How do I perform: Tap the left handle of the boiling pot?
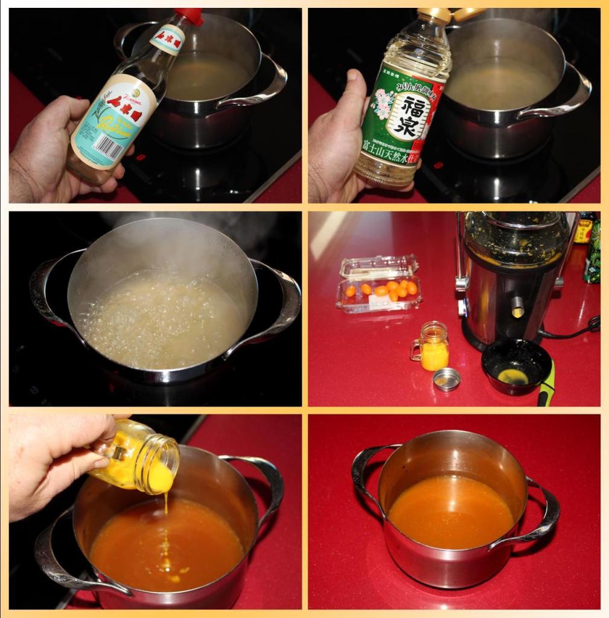tap(46, 284)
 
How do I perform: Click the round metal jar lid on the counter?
tap(447, 379)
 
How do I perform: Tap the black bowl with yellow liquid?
tap(515, 366)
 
